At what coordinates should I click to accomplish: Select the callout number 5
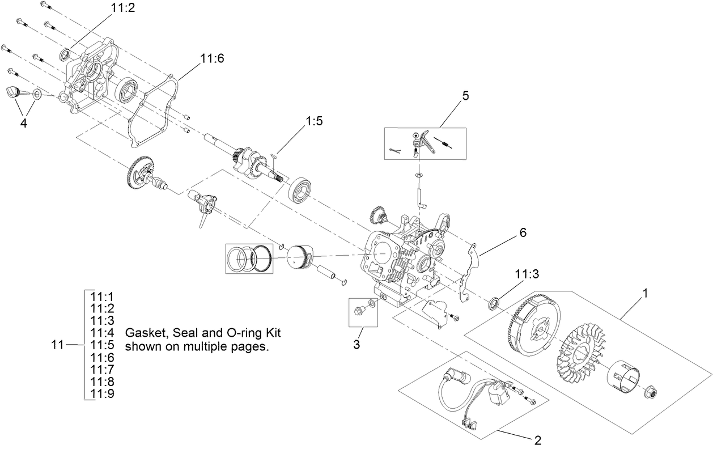(x=465, y=95)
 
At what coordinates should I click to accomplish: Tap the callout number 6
(x=523, y=232)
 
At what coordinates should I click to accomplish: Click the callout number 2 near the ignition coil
(x=538, y=439)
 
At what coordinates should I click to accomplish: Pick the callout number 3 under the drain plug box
(x=356, y=345)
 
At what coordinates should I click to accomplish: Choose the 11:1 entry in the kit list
(x=103, y=295)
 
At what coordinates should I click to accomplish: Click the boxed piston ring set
(x=249, y=258)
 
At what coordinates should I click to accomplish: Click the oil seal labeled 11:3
(x=494, y=302)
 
